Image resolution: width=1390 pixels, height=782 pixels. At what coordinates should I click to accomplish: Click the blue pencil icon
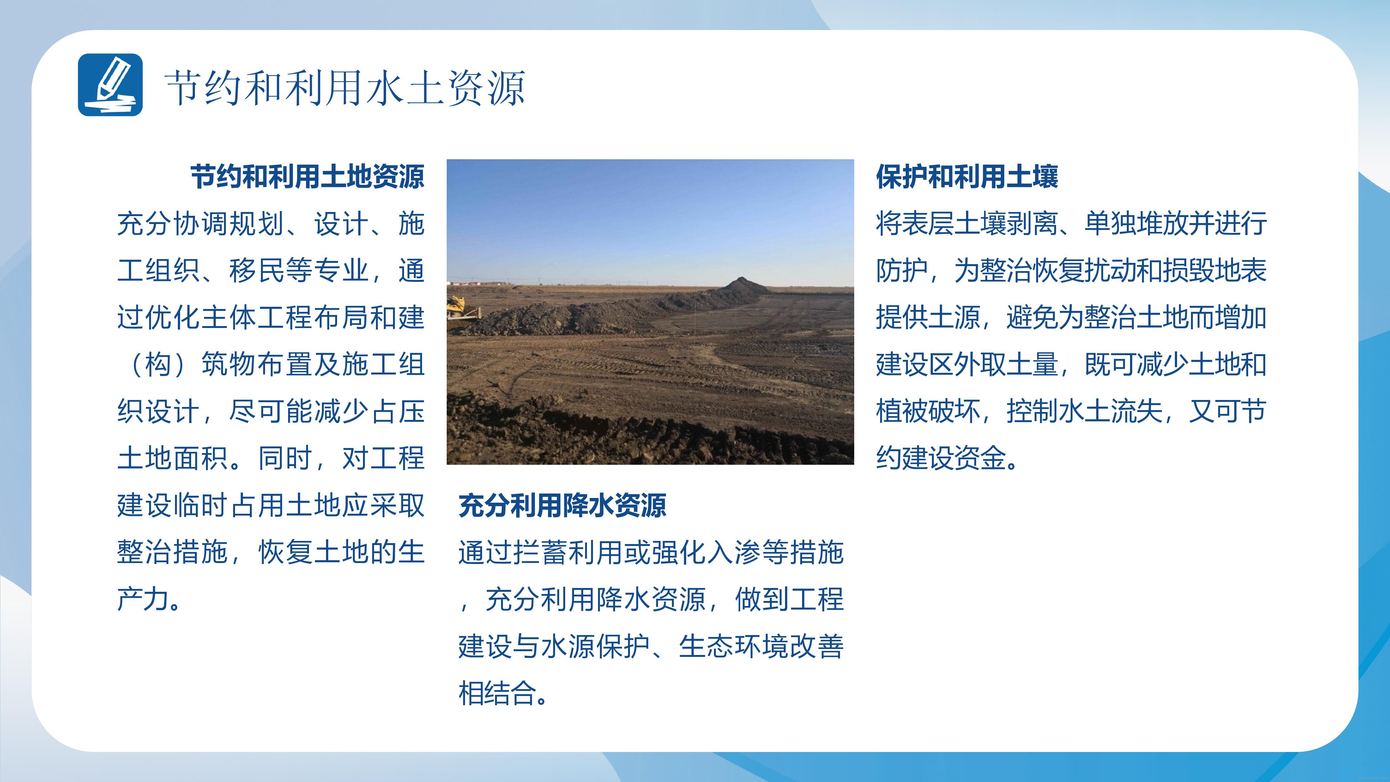pos(110,85)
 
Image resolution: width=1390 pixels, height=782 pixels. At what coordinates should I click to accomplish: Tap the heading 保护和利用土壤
pos(967,177)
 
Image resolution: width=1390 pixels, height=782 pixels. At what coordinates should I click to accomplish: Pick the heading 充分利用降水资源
pos(562,506)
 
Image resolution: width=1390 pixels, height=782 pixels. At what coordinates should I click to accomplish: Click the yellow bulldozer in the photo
pos(463,309)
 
